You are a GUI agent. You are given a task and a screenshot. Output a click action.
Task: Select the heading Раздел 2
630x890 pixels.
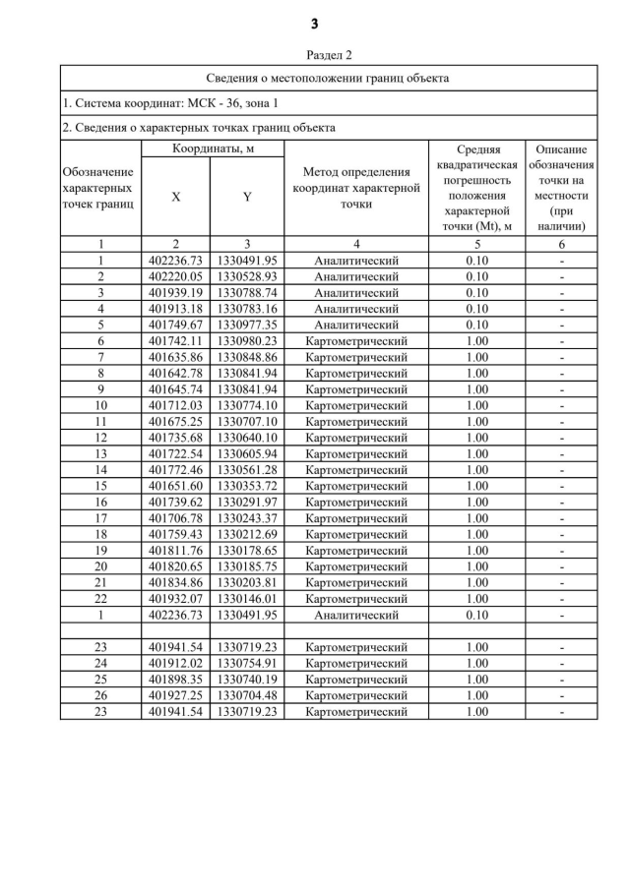[x=315, y=56]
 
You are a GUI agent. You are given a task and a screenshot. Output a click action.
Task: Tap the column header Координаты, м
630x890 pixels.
[x=214, y=148]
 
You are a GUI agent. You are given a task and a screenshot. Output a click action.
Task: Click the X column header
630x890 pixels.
[x=176, y=197]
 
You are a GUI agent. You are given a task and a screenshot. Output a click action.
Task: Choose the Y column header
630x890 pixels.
[x=247, y=197]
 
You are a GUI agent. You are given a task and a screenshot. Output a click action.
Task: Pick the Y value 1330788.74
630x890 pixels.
[x=247, y=293]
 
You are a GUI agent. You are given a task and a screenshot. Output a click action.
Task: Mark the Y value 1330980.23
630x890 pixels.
[x=247, y=340]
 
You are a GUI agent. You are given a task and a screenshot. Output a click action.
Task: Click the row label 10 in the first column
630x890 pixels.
[x=100, y=405]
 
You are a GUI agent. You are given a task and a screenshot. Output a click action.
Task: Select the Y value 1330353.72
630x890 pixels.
[x=247, y=486]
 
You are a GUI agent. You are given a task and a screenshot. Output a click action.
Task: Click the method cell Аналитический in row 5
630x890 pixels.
[x=355, y=325]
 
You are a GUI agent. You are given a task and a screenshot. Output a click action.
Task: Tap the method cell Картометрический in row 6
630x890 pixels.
[x=355, y=340]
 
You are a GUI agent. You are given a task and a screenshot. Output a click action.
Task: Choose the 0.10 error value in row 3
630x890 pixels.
[x=476, y=293]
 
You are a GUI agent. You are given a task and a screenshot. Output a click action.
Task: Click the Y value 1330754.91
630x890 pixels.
[x=247, y=663]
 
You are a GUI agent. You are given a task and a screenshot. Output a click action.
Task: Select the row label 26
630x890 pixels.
[x=100, y=695]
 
